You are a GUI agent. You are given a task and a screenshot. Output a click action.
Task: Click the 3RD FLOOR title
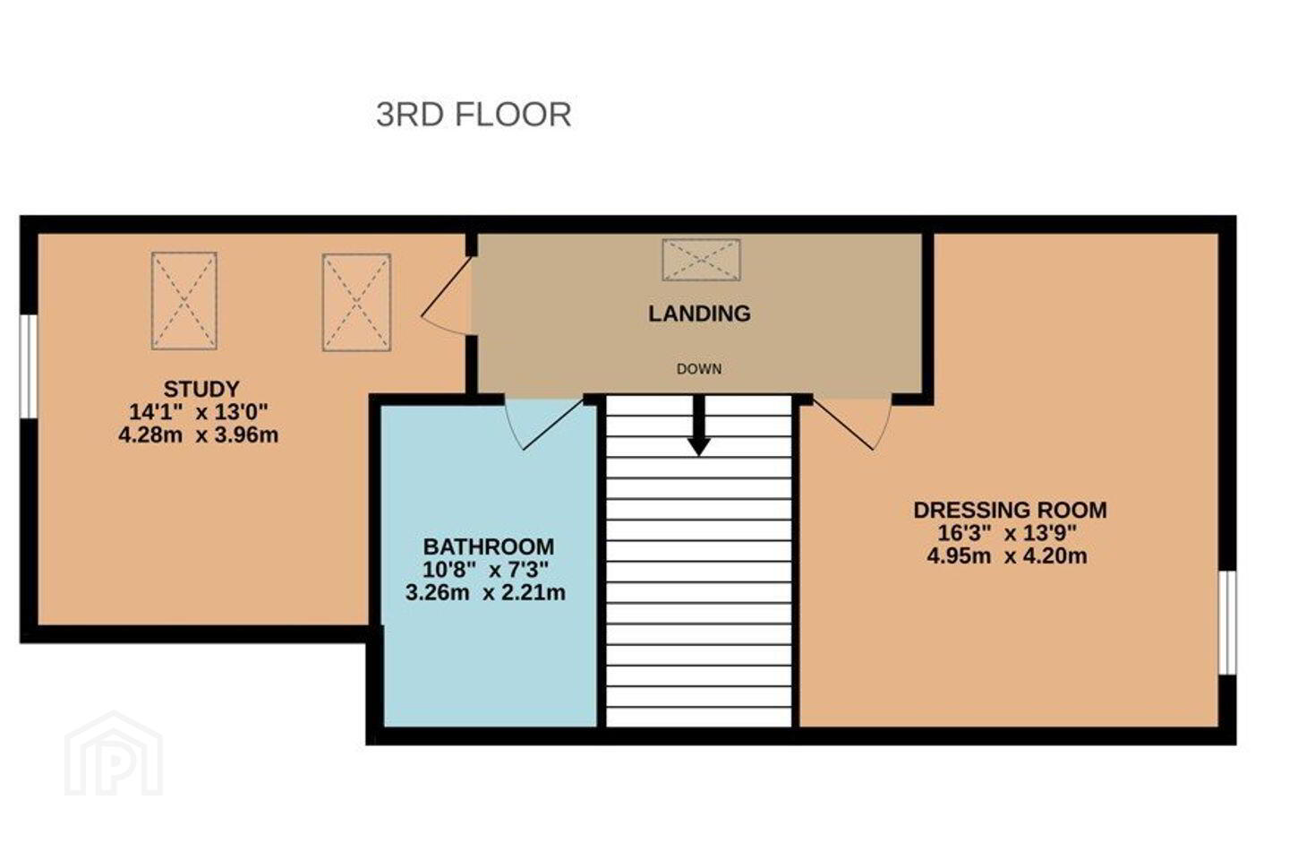(x=474, y=115)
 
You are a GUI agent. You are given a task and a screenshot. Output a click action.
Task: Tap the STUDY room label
(x=201, y=390)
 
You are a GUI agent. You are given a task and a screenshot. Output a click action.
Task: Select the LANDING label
(x=699, y=314)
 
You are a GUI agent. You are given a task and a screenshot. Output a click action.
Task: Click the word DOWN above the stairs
(x=698, y=369)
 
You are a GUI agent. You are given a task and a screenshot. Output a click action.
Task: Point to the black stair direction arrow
(x=698, y=426)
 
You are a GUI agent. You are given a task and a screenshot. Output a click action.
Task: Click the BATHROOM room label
(x=489, y=546)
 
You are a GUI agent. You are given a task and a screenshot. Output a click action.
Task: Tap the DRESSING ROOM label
(x=1010, y=510)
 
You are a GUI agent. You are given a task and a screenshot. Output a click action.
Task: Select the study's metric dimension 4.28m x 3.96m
(x=199, y=434)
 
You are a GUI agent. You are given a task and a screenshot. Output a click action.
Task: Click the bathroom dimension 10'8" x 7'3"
(x=486, y=570)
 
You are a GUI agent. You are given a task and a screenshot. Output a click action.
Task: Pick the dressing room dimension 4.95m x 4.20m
(x=1007, y=555)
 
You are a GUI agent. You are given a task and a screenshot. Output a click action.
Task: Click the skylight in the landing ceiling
(x=701, y=261)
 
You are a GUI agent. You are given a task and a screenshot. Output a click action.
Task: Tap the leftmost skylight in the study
(x=184, y=301)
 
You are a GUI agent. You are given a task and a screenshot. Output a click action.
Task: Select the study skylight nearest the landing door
(x=357, y=303)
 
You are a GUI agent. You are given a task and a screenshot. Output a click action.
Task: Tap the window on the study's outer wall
(x=29, y=366)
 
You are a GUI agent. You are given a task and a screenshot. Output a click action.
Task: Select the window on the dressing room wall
(x=1227, y=622)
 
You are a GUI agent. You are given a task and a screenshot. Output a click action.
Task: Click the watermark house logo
(x=114, y=754)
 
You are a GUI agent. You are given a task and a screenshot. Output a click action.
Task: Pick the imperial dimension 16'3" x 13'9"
(x=1007, y=533)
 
